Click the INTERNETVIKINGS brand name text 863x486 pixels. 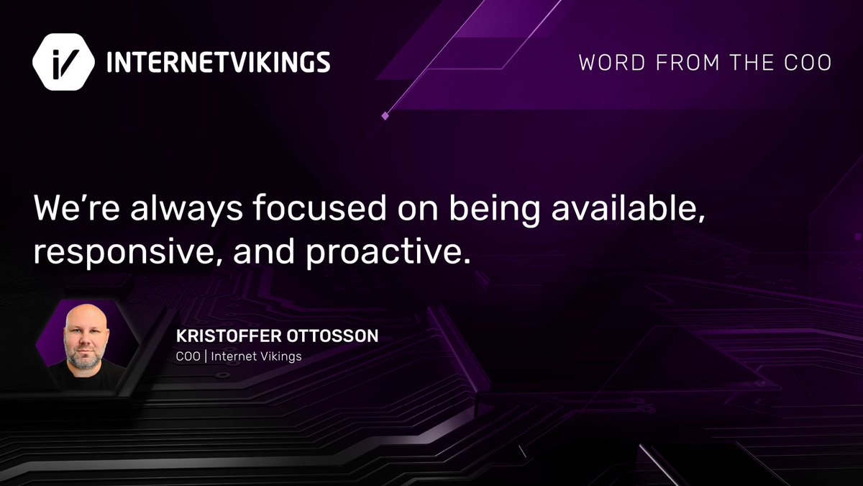coord(218,63)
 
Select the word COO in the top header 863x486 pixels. coord(809,63)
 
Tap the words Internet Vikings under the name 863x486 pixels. coord(256,356)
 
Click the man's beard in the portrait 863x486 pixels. coord(85,359)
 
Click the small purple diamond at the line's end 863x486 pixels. coord(385,115)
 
